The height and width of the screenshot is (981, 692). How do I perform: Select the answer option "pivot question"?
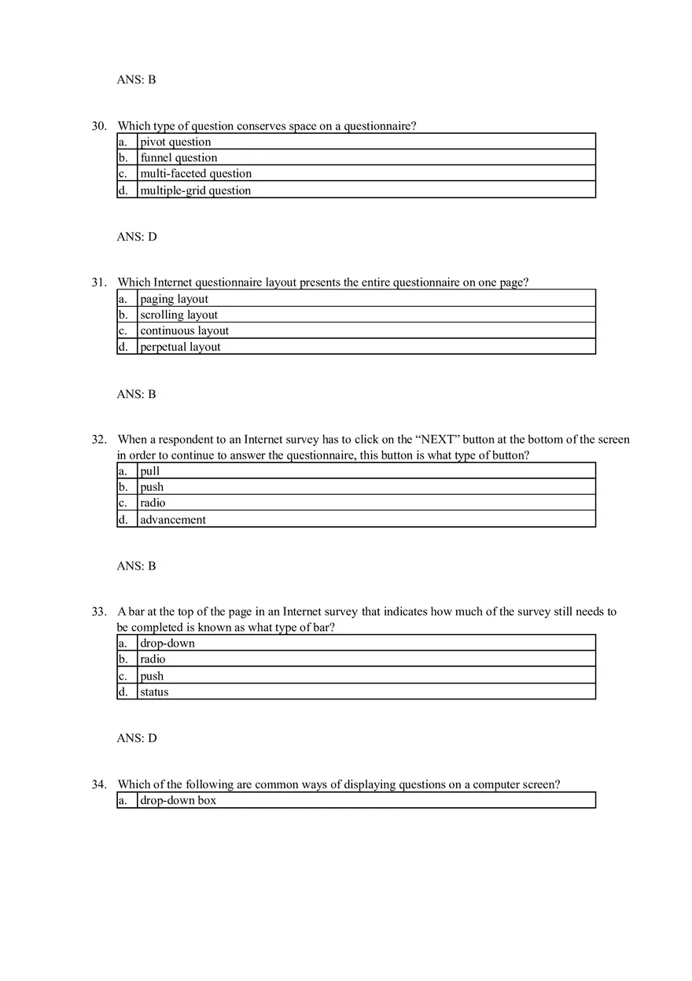point(175,142)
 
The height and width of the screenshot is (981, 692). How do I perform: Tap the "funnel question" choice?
point(179,158)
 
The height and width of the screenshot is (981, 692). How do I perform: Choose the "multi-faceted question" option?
point(196,174)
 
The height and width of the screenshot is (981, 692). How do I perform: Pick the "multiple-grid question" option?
point(195,190)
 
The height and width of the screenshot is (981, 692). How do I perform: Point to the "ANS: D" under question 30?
point(137,237)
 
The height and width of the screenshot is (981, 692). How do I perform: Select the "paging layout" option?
point(174,299)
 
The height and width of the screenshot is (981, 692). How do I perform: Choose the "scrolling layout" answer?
point(179,315)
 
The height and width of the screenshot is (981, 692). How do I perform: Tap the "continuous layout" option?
point(184,331)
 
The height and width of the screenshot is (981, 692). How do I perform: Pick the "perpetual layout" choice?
point(180,347)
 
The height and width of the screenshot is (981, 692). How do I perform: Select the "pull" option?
point(149,471)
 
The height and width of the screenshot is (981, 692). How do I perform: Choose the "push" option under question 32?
point(152,487)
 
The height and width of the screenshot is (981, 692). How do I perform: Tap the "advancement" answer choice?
point(173,520)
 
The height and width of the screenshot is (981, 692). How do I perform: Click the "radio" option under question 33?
point(153,659)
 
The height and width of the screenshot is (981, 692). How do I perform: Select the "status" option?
point(154,692)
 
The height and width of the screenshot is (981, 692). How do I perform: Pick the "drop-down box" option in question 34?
point(178,800)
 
